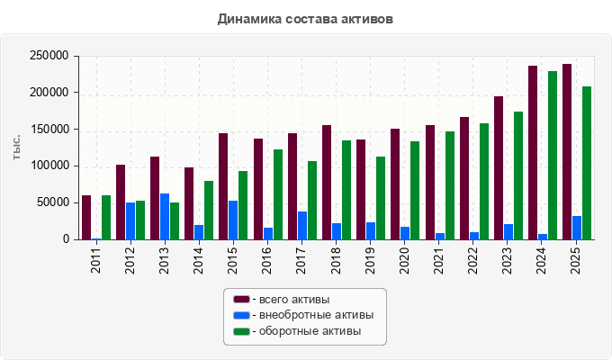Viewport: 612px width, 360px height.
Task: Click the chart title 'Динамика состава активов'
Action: (305, 19)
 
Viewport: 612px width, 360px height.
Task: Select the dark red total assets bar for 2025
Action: (567, 152)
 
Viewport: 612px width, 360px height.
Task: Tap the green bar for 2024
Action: (553, 156)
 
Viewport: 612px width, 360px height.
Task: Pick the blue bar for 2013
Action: (165, 217)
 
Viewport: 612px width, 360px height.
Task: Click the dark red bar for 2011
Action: (86, 218)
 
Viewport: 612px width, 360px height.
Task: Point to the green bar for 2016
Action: (278, 194)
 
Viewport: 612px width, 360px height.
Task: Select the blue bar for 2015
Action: (233, 220)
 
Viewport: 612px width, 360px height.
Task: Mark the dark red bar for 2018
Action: (327, 183)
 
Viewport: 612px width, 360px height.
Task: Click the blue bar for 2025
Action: (577, 228)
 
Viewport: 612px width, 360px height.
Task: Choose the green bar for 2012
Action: (140, 220)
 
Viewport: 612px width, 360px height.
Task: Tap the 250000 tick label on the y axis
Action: (49, 56)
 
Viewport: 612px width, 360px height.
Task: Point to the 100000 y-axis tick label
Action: (49, 166)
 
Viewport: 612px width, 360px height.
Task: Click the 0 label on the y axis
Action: (66, 239)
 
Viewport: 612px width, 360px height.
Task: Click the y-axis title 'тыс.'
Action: (16, 148)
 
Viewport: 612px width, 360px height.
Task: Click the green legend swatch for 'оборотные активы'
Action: (241, 331)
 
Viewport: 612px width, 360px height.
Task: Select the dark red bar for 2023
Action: (499, 168)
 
